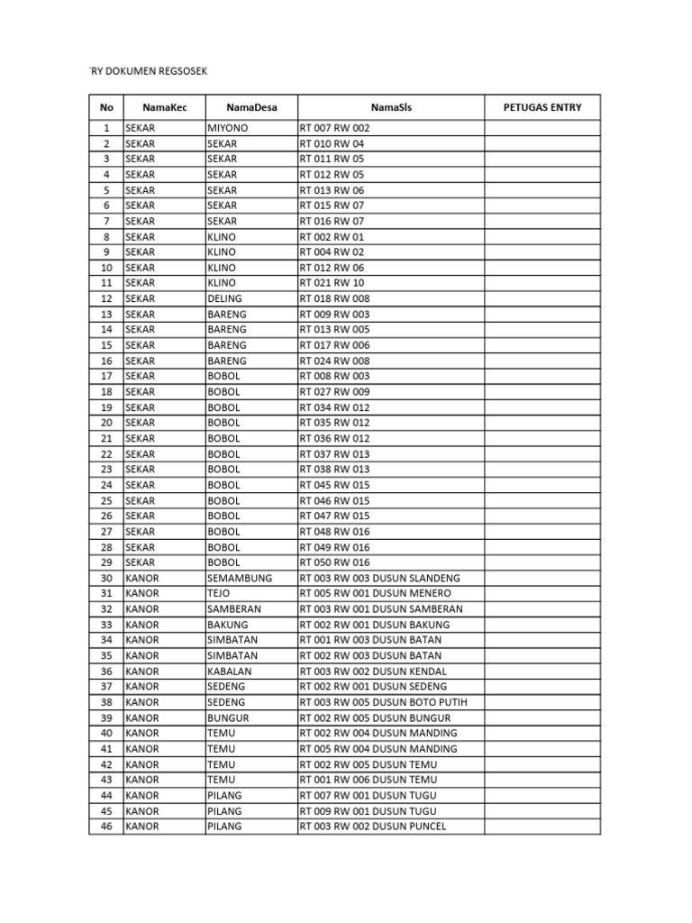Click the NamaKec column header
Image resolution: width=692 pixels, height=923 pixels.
165,107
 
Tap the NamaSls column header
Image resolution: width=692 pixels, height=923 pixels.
391,107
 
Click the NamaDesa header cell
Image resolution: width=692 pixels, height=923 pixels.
252,107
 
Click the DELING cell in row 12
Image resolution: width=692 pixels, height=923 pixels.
224,298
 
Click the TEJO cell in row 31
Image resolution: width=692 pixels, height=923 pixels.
219,593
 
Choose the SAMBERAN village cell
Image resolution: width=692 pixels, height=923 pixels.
234,608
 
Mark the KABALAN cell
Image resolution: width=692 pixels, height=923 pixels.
230,671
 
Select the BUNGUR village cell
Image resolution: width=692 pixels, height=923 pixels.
228,717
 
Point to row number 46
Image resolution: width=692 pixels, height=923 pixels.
106,827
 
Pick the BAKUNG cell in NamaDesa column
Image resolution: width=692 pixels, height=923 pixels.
228,624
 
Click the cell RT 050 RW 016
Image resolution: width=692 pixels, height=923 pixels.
335,562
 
